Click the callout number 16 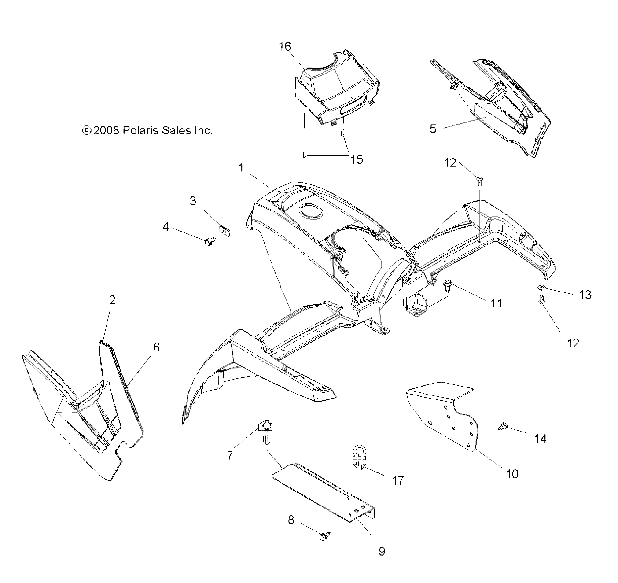coord(285,46)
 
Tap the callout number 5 coord(433,129)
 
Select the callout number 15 coord(356,159)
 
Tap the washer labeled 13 coord(541,288)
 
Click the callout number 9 coord(382,551)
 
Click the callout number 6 coord(156,347)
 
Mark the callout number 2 coord(112,300)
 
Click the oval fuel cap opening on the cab coord(311,211)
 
